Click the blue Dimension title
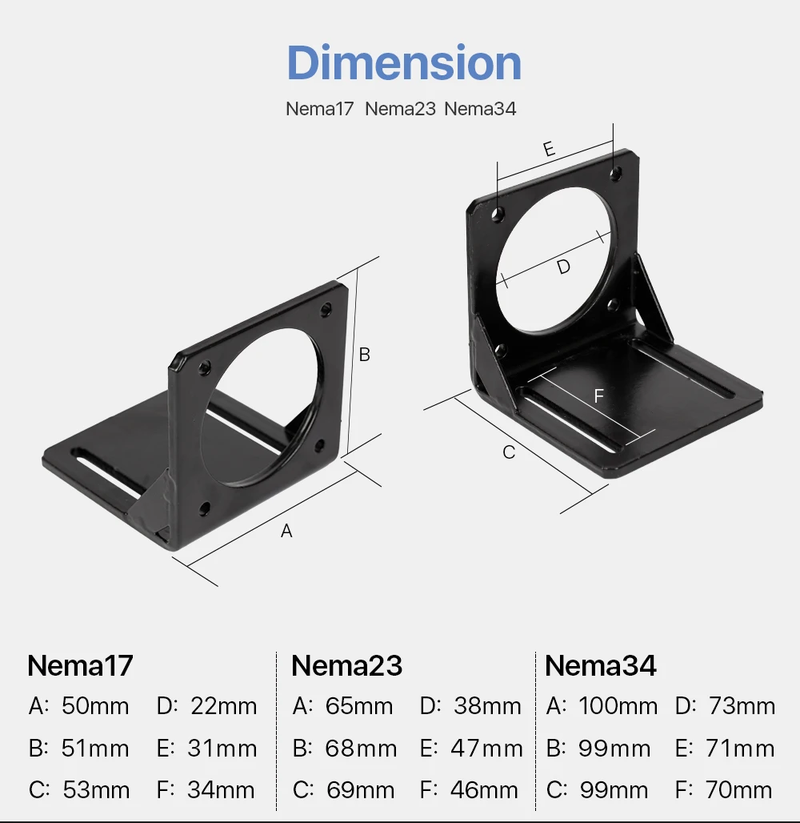404,63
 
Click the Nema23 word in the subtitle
400,109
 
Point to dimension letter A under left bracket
286,531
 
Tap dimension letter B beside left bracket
364,354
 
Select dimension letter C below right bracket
509,452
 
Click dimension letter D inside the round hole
564,267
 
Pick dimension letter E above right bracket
549,148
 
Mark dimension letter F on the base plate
598,395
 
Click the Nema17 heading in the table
80,666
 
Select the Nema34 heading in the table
600,666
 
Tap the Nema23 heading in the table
346,666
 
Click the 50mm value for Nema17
95,706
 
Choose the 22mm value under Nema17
224,706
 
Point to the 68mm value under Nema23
361,749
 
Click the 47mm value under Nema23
486,749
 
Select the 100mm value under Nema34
618,706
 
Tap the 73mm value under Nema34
742,706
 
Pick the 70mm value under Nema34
739,791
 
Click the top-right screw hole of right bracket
615,172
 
